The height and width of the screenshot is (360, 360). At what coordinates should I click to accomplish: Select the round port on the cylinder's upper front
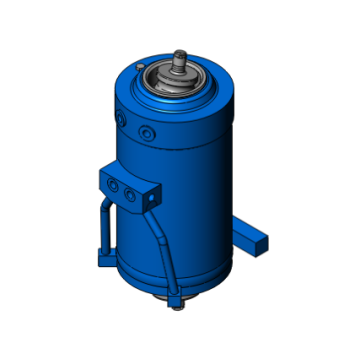[148, 131]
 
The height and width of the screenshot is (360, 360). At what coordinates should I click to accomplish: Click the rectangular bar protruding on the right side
[250, 233]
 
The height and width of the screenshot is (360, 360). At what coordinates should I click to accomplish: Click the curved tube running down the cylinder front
[163, 245]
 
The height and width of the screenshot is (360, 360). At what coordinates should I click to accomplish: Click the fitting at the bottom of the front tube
[177, 300]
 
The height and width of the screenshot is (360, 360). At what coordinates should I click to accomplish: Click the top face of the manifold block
[125, 175]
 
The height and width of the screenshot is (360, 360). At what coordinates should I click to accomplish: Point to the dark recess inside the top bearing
[178, 77]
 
